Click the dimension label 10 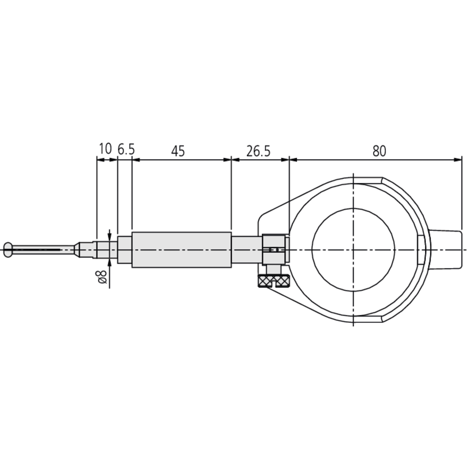[106, 149]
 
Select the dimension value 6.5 [126, 149]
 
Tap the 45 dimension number [178, 151]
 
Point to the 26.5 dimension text [258, 151]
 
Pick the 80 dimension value [379, 151]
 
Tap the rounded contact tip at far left [7, 249]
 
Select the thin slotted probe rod [42, 250]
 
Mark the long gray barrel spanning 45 [181, 250]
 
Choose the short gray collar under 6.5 [124, 250]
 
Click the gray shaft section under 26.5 [246, 250]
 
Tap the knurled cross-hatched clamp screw [275, 281]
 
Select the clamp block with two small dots [274, 249]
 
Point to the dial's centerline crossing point [354, 250]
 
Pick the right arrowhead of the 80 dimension [458, 160]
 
